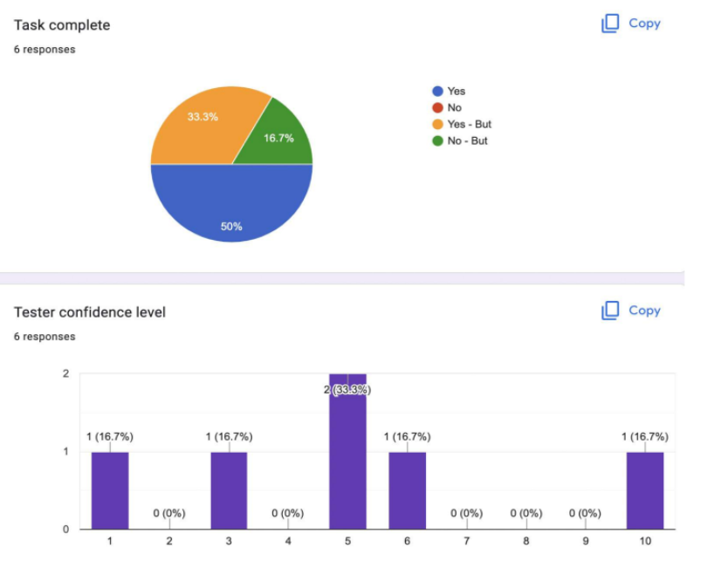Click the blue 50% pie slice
(x=231, y=205)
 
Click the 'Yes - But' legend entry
(x=469, y=124)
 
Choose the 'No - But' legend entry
(x=467, y=140)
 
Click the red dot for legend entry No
(x=437, y=107)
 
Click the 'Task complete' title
(x=62, y=25)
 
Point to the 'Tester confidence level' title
(x=89, y=312)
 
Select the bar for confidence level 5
(x=347, y=454)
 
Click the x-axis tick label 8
(x=526, y=542)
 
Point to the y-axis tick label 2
(x=66, y=374)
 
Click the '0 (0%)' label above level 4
(x=288, y=514)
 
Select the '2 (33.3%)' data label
(x=347, y=390)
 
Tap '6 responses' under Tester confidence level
(x=45, y=337)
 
